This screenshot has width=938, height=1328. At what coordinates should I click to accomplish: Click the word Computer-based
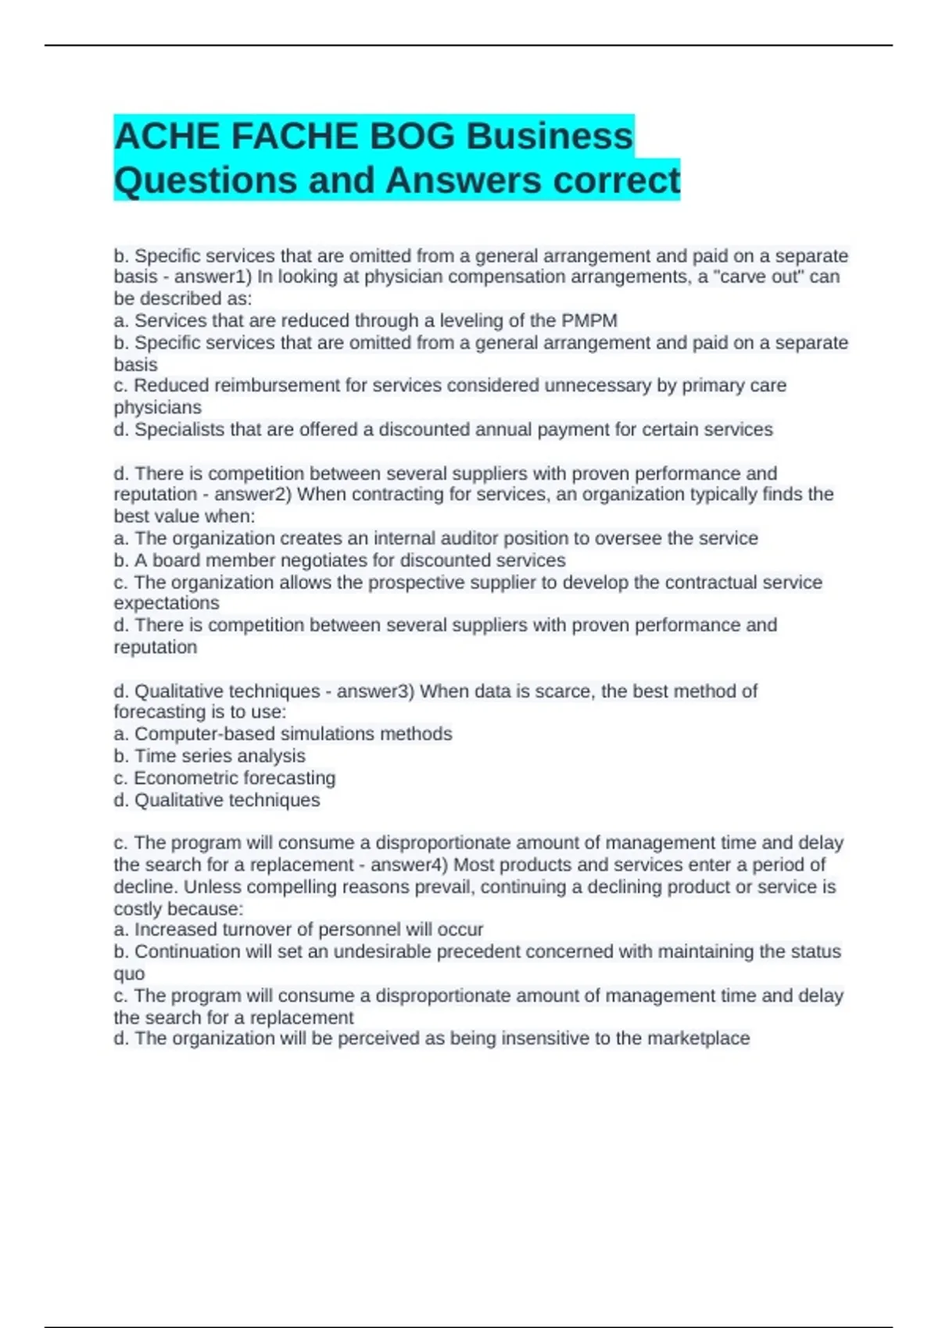(205, 734)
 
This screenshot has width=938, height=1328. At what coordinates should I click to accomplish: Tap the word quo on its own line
(129, 974)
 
